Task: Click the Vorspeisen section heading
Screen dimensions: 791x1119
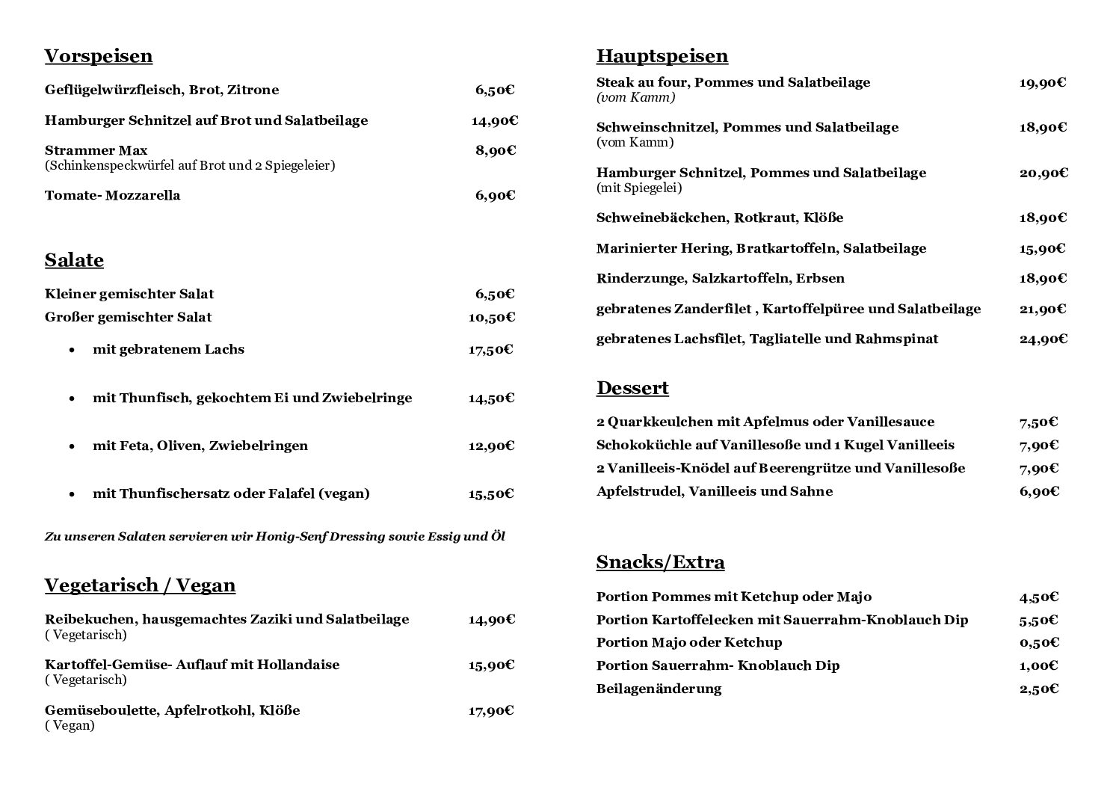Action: point(99,57)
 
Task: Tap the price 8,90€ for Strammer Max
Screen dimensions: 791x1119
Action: point(496,150)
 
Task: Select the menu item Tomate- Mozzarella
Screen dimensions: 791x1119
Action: point(112,196)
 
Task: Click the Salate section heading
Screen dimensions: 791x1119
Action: point(74,260)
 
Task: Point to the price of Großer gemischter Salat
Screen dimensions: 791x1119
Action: point(491,317)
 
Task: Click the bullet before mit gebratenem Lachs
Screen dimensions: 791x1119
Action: point(72,350)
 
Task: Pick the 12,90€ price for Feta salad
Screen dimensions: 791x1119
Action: point(491,446)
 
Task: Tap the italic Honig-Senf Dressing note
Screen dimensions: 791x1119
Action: point(275,537)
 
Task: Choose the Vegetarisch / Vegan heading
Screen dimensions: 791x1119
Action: point(140,585)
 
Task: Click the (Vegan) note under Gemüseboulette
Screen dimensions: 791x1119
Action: point(70,725)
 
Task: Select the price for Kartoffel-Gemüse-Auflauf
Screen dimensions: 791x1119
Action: point(491,665)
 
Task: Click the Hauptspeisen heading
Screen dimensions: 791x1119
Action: point(662,57)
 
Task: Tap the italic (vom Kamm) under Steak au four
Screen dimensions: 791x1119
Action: point(635,98)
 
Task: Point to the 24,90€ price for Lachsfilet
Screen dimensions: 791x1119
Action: point(1044,339)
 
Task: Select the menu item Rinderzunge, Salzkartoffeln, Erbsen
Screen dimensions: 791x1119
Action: point(720,279)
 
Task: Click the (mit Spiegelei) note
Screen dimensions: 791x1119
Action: point(639,188)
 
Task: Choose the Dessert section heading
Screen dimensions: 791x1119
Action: point(632,388)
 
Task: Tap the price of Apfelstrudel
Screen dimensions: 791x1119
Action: point(1039,491)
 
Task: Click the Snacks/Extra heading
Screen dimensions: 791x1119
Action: point(660,562)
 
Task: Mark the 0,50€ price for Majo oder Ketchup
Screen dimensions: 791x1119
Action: point(1039,642)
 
